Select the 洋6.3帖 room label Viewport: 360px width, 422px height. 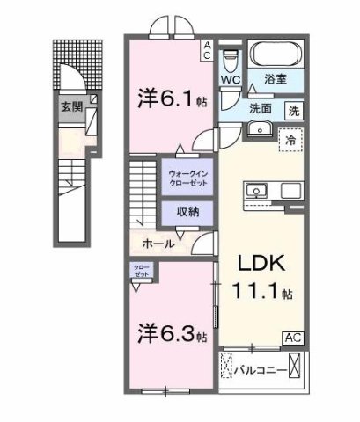172,334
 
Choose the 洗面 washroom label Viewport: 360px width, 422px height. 259,110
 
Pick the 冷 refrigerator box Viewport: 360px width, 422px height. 289,139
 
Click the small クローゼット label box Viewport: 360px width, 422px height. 141,271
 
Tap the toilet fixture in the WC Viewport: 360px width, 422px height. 231,60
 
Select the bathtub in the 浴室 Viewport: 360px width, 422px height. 276,54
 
